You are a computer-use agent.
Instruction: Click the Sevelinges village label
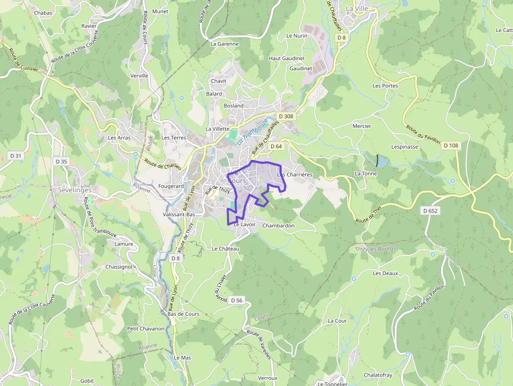point(74,190)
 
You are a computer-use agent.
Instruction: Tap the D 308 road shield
point(286,116)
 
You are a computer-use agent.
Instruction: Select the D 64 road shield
point(276,147)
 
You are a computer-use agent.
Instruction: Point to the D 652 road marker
point(430,211)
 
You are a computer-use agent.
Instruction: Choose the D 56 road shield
point(236,300)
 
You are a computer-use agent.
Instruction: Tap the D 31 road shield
point(16,156)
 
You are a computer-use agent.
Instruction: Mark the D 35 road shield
point(61,161)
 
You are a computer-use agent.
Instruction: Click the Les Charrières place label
point(295,174)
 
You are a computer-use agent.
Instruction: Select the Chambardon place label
point(278,226)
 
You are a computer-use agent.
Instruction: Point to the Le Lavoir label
point(244,224)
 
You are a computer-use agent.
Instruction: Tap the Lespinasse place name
point(405,147)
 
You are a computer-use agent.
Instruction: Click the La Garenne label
point(224,44)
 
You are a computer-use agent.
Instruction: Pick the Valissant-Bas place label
point(179,215)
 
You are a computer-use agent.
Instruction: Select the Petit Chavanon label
point(146,329)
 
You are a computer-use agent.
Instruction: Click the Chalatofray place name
point(378,375)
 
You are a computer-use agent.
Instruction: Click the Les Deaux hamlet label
point(385,273)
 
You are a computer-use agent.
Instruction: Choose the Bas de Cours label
point(183,314)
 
